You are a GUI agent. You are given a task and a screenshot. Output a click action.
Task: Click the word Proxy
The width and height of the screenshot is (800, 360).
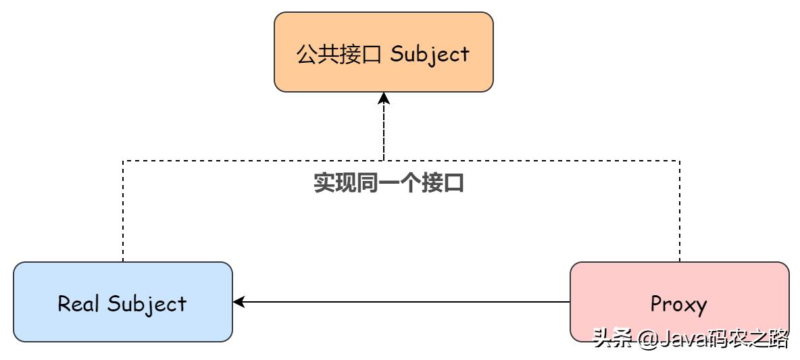click(678, 305)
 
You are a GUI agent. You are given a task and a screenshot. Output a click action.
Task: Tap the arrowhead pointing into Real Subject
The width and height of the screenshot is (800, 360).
click(239, 302)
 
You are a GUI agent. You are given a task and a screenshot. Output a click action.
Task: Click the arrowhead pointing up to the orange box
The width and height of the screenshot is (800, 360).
click(384, 99)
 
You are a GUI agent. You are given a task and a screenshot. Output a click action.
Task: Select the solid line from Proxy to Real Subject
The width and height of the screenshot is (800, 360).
click(405, 302)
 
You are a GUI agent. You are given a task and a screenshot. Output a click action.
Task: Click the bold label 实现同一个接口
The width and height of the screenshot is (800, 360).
click(389, 183)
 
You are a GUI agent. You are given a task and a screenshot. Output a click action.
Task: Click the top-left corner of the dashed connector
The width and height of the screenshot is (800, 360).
click(122, 161)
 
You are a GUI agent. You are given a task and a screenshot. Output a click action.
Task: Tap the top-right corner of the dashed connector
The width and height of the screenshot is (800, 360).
click(680, 161)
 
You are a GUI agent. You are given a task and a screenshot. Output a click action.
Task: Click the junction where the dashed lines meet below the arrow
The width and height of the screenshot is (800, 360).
click(384, 161)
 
